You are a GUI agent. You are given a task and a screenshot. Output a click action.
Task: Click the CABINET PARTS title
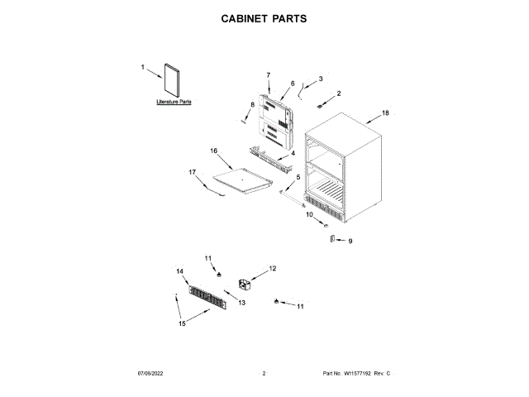tap(264, 18)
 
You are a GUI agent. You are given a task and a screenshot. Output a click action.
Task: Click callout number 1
tap(142, 67)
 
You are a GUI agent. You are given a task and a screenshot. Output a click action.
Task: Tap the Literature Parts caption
tap(174, 102)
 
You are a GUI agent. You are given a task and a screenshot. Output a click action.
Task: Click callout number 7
tap(269, 75)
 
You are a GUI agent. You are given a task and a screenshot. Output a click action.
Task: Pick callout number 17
tap(193, 172)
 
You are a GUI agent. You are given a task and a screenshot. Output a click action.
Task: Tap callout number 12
tap(273, 268)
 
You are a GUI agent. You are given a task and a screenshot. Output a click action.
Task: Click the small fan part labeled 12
tap(245, 285)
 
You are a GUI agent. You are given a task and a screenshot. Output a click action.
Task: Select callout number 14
tap(179, 271)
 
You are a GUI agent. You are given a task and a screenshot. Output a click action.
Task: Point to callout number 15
tap(183, 323)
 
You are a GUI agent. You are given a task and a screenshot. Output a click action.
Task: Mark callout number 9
tap(350, 241)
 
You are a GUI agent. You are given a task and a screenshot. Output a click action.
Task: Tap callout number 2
tap(338, 93)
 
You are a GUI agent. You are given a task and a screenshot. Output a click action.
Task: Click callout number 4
tap(292, 153)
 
